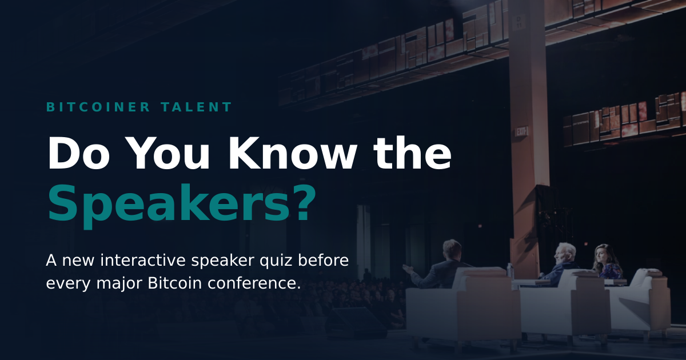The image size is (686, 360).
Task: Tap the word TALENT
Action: [x=196, y=107]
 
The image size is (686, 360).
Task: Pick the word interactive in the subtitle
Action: [x=143, y=261]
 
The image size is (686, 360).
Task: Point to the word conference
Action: [x=252, y=283]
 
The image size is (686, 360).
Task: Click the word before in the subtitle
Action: [x=324, y=261]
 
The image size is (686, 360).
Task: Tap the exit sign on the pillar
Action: [x=521, y=131]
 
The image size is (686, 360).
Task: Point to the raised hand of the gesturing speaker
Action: [x=409, y=269]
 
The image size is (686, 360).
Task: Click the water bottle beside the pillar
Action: [x=509, y=271]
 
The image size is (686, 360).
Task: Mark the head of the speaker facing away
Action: [x=452, y=250]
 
